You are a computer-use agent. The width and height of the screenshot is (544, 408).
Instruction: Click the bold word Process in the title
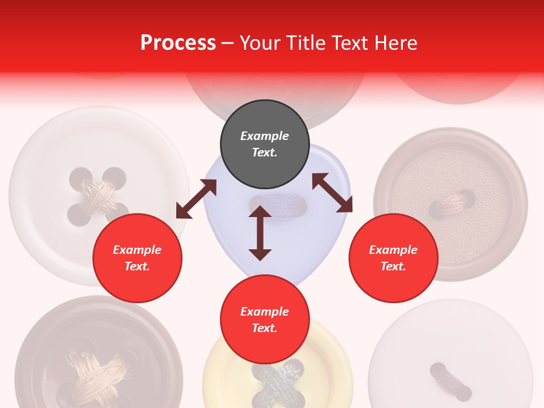pyautogui.click(x=178, y=42)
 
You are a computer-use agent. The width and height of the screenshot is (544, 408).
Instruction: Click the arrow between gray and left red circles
pyautogui.click(x=196, y=199)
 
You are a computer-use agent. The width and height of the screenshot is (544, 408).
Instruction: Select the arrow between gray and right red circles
pyautogui.click(x=332, y=193)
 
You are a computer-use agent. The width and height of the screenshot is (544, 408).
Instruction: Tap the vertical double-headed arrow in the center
pyautogui.click(x=260, y=233)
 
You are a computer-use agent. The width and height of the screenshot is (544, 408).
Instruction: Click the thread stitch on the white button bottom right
pyautogui.click(x=450, y=381)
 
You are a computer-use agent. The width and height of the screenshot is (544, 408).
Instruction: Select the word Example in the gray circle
pyautogui.click(x=265, y=136)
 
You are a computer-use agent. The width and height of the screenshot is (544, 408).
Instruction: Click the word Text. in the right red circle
pyautogui.click(x=393, y=266)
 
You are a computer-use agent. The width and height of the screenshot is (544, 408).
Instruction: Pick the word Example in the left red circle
pyautogui.click(x=137, y=250)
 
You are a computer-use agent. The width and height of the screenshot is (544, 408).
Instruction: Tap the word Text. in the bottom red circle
pyautogui.click(x=265, y=328)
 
